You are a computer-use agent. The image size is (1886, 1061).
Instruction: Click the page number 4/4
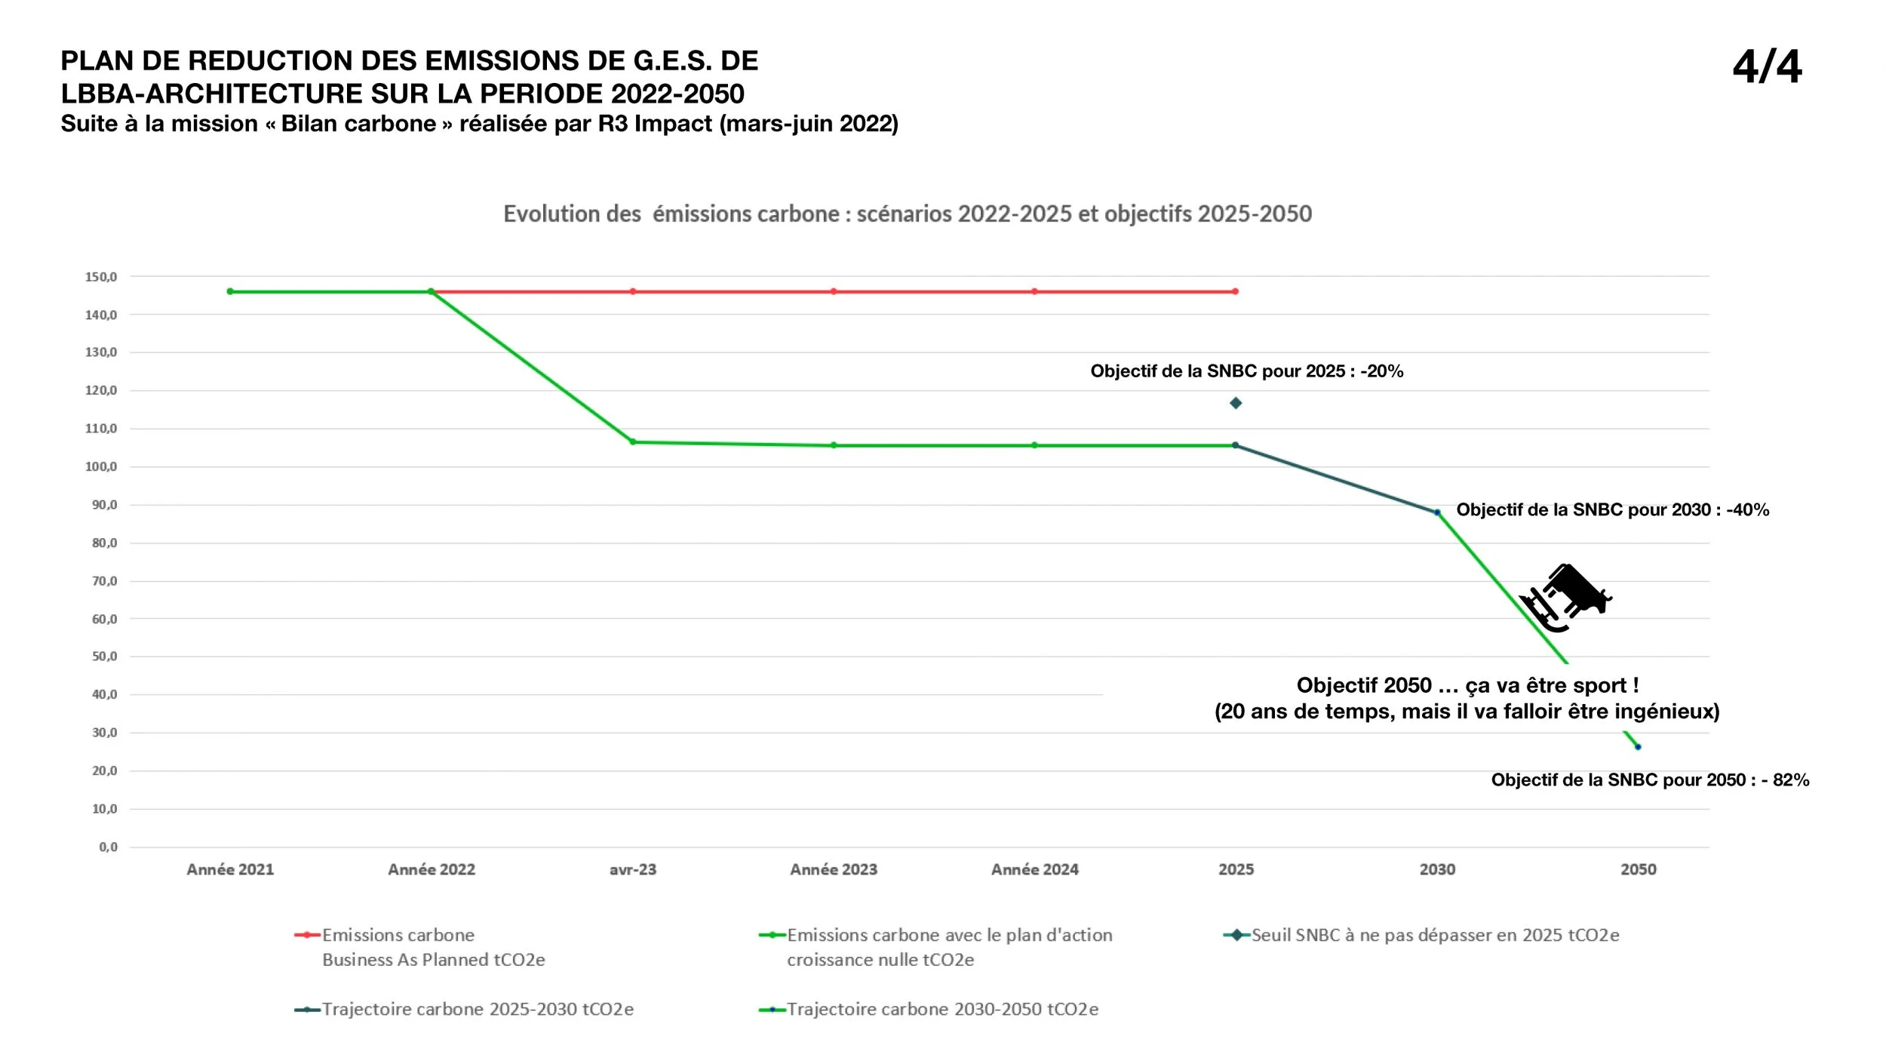tap(1767, 66)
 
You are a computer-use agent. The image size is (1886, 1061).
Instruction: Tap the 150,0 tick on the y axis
tap(101, 277)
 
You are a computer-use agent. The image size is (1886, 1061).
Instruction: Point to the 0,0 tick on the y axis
tap(109, 847)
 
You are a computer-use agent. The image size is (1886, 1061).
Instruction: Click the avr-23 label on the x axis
tap(633, 869)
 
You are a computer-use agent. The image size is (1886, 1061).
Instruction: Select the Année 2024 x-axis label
tap(1035, 869)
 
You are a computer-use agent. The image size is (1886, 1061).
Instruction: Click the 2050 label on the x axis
tap(1639, 869)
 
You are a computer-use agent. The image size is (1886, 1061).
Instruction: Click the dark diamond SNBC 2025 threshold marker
tap(1236, 403)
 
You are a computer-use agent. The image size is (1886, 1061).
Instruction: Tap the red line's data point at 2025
tap(1236, 291)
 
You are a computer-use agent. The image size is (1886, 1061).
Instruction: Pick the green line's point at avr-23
tap(633, 442)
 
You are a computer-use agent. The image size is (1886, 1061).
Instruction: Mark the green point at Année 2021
tap(230, 291)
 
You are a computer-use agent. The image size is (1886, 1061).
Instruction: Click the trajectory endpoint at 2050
tap(1638, 747)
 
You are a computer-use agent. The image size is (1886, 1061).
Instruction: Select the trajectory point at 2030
tap(1437, 512)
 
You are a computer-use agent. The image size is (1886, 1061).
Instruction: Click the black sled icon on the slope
tap(1565, 598)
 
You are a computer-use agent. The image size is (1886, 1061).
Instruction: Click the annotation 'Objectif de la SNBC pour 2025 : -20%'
tap(1247, 371)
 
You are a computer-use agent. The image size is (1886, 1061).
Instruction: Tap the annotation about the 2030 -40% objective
tap(1613, 510)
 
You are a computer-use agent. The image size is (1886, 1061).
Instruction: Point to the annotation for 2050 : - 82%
tap(1651, 780)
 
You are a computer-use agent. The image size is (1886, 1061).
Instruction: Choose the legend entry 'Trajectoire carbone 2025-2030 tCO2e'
tap(464, 1010)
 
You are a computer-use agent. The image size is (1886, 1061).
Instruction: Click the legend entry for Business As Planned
tap(419, 947)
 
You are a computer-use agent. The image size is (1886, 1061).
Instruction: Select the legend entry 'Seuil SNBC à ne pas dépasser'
tap(1421, 936)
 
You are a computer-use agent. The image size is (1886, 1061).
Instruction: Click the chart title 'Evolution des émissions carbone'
tap(908, 214)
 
